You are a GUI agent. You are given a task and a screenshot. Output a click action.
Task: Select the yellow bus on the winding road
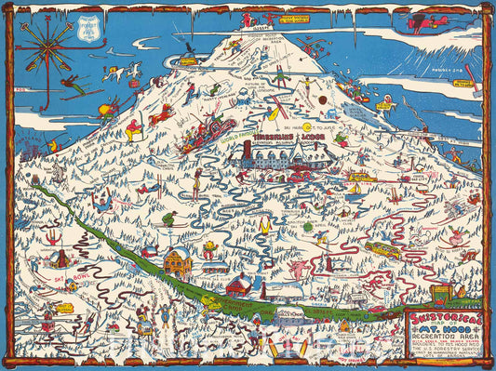tap(382, 249)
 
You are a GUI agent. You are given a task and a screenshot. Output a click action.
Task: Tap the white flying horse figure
tap(129, 71)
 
